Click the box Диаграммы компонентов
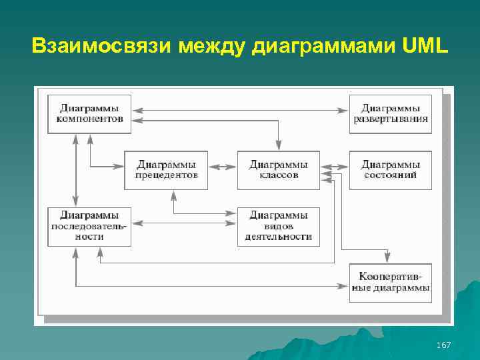pyautogui.click(x=89, y=113)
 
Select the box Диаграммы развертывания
pyautogui.click(x=391, y=113)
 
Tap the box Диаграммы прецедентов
pyautogui.click(x=166, y=170)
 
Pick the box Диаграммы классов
pyautogui.click(x=278, y=170)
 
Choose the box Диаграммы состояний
pyautogui.click(x=391, y=170)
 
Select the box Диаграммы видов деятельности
pyautogui.click(x=278, y=226)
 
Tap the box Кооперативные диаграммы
pyautogui.click(x=391, y=283)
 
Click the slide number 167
pyautogui.click(x=443, y=345)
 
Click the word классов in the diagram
pyautogui.click(x=278, y=175)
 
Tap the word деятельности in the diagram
pyautogui.click(x=278, y=237)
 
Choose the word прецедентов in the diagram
pyautogui.click(x=166, y=175)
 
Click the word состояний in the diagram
pyautogui.click(x=391, y=175)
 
